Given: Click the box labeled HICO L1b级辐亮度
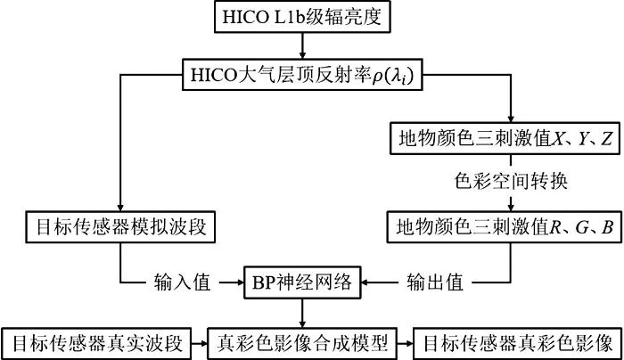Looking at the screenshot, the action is point(302,17).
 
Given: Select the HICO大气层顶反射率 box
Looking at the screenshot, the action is point(302,75).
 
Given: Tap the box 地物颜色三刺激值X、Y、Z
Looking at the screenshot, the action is point(505,138).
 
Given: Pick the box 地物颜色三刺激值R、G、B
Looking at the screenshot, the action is point(505,227).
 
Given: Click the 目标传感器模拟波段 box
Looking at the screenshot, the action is point(120,227).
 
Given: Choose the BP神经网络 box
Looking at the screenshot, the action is point(302,282).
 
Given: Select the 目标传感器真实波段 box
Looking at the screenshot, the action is point(96,343).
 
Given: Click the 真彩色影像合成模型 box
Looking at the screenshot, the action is point(302,343).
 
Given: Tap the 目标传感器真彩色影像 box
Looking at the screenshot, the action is point(518,343).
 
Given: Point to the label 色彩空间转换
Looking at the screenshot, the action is point(511,182).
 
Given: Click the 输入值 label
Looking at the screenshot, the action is point(182,282).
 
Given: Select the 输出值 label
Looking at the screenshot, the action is point(435,282).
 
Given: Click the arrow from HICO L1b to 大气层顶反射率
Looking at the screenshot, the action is point(302,45).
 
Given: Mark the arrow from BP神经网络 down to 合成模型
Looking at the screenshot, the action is point(302,313).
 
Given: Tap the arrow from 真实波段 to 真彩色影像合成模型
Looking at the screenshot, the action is point(200,343).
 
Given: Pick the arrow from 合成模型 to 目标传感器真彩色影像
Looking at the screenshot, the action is point(406,343).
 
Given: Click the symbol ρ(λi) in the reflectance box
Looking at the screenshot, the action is point(393,76).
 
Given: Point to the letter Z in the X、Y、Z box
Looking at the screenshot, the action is point(606,138).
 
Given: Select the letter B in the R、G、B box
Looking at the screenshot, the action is point(607,227).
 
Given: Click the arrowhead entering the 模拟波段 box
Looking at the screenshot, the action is point(120,208).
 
